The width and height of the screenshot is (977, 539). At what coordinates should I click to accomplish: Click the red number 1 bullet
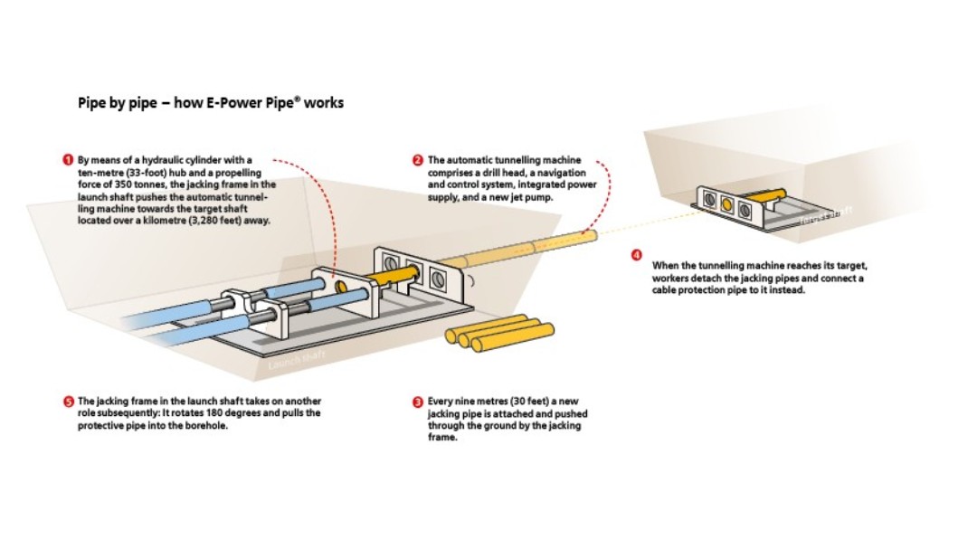[68, 160]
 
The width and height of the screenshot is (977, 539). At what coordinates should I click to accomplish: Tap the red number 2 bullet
[417, 160]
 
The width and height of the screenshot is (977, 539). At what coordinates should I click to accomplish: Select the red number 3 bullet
[417, 401]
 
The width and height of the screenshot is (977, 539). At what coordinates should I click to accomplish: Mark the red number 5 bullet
[68, 401]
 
